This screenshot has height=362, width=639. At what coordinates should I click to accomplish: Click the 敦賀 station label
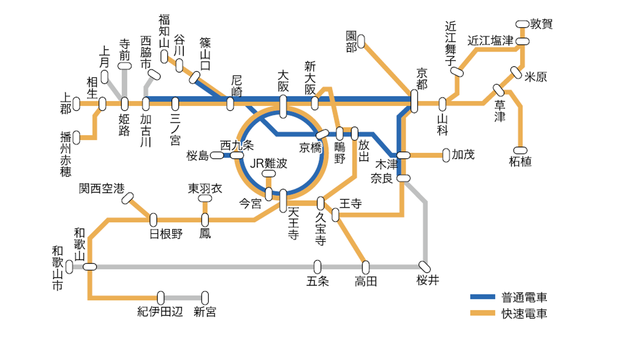coord(541,24)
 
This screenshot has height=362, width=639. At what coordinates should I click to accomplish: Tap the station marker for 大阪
coord(283,107)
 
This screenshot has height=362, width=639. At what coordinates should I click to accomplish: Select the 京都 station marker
coord(414,101)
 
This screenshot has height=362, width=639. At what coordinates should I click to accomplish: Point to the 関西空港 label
coord(102,189)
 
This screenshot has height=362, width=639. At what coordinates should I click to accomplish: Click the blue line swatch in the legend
coord(482,297)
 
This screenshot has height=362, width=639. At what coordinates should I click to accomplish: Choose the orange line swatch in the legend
coord(482,313)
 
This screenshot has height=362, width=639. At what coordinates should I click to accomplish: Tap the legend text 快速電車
coord(524,313)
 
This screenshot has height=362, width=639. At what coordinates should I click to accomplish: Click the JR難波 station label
coord(268,163)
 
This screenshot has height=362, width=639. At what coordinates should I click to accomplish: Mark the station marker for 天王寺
coord(283,201)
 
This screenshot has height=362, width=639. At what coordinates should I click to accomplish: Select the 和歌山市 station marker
coord(69,267)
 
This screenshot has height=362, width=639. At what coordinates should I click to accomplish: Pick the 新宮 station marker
coord(205,298)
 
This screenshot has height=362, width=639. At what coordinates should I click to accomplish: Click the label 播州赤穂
coord(66,154)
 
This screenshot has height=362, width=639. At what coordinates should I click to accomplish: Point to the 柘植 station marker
coord(520,150)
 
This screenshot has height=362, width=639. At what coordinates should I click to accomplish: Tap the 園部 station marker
coord(361,42)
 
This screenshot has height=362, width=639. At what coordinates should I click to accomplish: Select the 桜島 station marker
coord(217,155)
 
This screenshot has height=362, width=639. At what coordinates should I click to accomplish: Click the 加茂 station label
coord(463,155)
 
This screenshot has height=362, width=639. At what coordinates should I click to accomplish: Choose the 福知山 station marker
coord(164,56)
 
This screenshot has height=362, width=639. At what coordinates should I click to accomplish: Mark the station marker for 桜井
coord(424,267)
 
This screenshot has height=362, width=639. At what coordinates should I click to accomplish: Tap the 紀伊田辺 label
coord(160,312)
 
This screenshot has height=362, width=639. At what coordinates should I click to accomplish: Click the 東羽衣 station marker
coord(205,198)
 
